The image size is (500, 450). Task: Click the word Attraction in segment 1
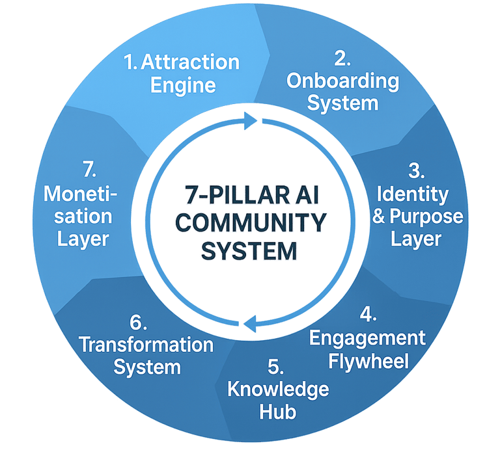tap(190, 63)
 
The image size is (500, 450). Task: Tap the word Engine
tap(183, 85)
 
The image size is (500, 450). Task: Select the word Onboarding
tap(342, 81)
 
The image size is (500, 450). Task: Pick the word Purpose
tap(429, 217)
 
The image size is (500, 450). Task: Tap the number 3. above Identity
tap(417, 172)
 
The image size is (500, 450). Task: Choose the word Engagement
tap(367, 338)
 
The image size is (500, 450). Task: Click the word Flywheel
tap(369, 360)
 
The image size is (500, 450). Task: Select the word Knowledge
tap(278, 390)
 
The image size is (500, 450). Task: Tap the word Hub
tap(277, 412)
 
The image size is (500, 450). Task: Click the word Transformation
tap(146, 345)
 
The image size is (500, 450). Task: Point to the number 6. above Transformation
tap(139, 323)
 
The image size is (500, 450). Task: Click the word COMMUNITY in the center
tap(251, 223)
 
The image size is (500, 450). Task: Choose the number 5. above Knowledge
tap(277, 367)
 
